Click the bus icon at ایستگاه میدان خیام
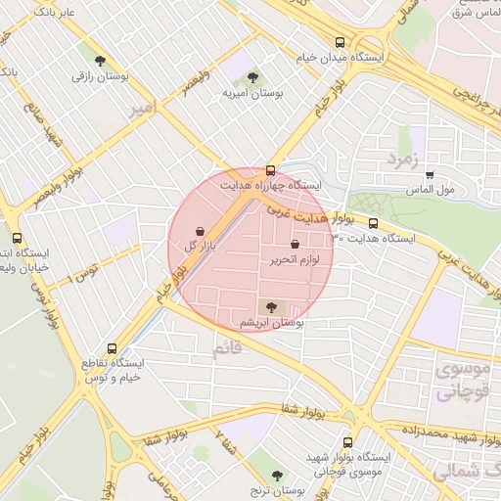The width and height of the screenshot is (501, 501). (340, 42)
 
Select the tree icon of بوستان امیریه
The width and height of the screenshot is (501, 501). (252, 76)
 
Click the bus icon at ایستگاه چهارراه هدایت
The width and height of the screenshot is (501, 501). (271, 170)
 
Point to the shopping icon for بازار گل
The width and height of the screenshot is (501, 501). (201, 231)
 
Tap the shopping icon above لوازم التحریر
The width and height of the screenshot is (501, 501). (296, 244)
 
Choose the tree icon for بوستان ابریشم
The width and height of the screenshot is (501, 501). (272, 306)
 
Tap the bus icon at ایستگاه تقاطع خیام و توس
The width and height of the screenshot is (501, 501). (111, 347)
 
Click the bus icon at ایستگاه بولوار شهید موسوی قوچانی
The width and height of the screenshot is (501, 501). (348, 442)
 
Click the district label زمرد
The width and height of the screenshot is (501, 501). (401, 158)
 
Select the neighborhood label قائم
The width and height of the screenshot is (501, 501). (227, 348)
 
